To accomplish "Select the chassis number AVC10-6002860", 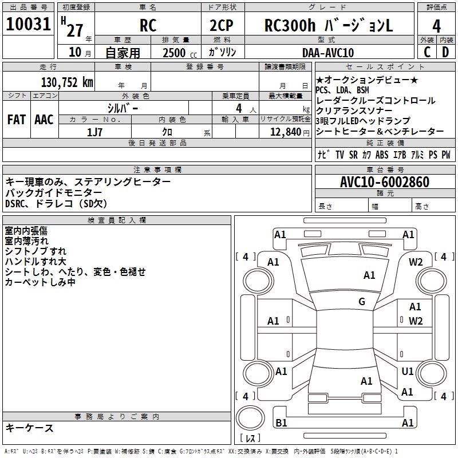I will pos(384,183).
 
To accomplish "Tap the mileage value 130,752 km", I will pos(67,82).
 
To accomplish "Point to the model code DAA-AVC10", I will pos(328,53).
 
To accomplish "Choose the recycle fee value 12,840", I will pos(285,132).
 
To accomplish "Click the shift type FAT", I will pos(16,120).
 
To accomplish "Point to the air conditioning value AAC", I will pos(44,120).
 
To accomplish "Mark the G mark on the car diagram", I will pos(362,302).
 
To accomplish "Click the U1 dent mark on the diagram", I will pos(407,372).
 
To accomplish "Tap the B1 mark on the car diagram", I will pos(281,423).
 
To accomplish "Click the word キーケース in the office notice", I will pos(29,428).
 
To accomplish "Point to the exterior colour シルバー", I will pos(123,108).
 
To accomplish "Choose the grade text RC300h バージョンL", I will pos(329,26).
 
